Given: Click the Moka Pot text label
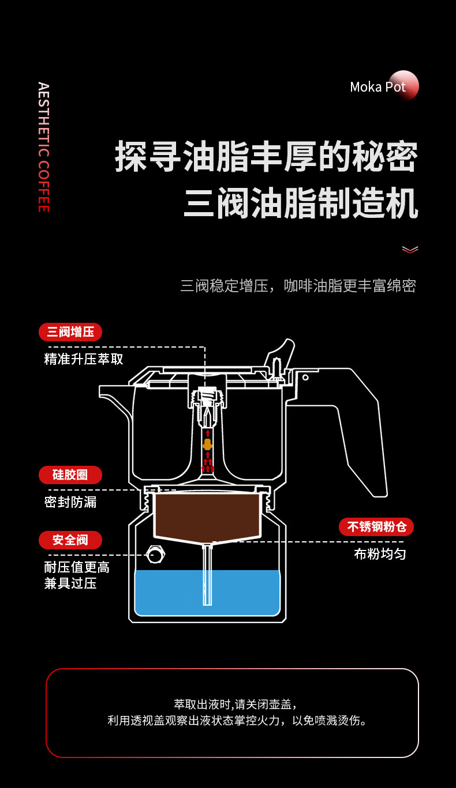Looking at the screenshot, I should [377, 87].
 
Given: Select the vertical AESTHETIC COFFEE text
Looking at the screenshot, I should [43, 147].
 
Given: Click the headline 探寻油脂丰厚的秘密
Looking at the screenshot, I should [266, 156].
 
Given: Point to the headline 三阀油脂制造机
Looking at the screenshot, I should [300, 203].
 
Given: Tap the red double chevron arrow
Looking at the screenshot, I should [410, 250].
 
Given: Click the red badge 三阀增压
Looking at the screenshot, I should [70, 332].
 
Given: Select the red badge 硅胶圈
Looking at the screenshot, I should [70, 475].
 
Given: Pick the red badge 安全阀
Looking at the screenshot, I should [70, 540].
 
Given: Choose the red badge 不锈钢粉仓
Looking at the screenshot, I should [376, 527].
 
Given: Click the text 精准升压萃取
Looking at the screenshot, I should [84, 359].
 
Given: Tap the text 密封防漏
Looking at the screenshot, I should [70, 502].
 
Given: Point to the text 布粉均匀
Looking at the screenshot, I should [380, 555].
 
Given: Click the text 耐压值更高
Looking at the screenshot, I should [77, 567].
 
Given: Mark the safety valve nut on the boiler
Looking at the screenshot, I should [155, 555].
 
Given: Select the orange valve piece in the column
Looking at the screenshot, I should [207, 444].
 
